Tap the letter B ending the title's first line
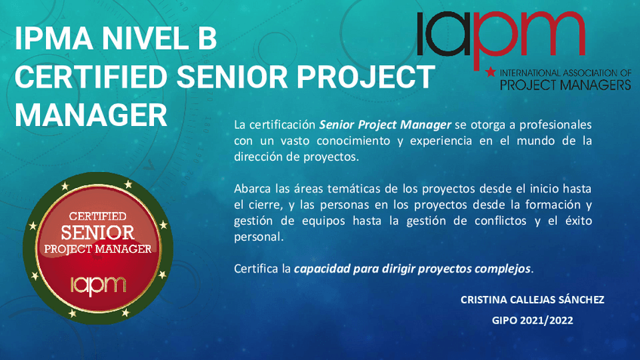pos(208,38)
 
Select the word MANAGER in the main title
pos(91,115)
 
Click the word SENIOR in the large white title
pos(232,76)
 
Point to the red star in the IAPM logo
pos(491,72)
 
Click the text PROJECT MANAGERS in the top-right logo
pos(566,85)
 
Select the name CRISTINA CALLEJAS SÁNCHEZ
pos(532,300)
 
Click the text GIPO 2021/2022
pos(532,321)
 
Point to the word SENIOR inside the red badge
pos(97,233)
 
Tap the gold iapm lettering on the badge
pos(98,285)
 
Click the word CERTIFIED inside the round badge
pos(97,216)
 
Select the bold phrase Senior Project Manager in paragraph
pos(385,125)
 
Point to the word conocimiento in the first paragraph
pos(353,141)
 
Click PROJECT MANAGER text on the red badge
pos(97,249)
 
